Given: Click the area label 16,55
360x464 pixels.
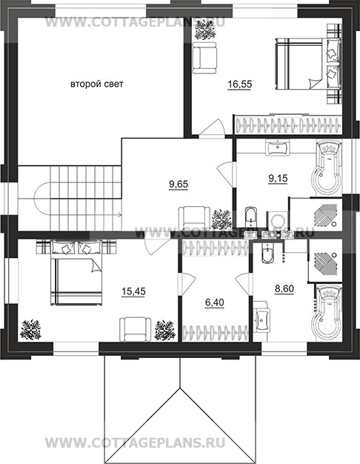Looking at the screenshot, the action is [x=239, y=84].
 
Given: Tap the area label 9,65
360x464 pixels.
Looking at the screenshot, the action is [x=179, y=185].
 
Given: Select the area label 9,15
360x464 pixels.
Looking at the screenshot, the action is [x=278, y=179].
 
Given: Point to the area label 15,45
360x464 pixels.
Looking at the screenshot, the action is [x=133, y=291].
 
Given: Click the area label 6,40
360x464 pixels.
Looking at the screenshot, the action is [x=215, y=302].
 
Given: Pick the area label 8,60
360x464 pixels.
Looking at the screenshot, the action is [x=284, y=288].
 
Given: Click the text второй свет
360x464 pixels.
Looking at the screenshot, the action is [x=97, y=84].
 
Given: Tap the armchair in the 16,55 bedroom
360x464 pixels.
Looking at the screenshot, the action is [x=204, y=58].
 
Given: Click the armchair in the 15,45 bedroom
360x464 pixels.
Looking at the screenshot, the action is [x=135, y=329].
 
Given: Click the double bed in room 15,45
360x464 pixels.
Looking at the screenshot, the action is [x=77, y=272].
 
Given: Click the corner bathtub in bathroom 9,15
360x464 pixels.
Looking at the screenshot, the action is [x=326, y=168].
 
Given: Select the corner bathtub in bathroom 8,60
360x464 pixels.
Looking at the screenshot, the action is [x=327, y=312].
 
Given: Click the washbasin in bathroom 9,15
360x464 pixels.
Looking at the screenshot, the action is [x=278, y=147].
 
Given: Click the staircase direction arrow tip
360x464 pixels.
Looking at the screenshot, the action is [x=121, y=214].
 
